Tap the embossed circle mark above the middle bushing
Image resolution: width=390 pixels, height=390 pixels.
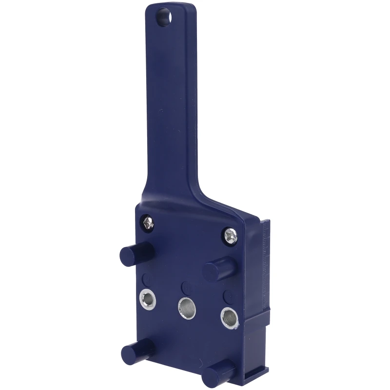[x=186, y=287]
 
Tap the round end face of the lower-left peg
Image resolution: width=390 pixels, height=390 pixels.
[x=128, y=352]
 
